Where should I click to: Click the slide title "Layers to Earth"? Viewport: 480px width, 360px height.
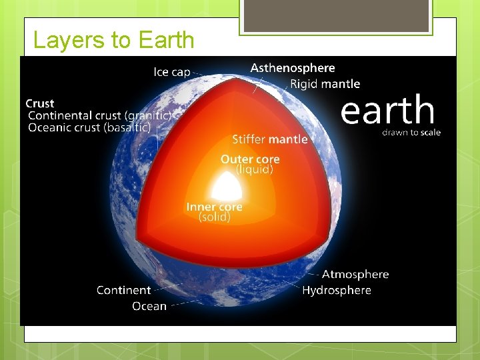113,41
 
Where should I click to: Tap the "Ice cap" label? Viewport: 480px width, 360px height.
171,72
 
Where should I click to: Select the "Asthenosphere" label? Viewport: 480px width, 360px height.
293,68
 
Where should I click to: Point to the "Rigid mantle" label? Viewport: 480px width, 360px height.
325,84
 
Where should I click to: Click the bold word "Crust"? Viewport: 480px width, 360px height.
40,103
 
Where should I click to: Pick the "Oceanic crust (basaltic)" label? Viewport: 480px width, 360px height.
89,127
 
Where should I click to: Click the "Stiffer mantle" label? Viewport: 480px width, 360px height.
269,139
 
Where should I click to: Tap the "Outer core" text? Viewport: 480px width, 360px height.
250,159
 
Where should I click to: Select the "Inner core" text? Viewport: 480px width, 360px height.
214,207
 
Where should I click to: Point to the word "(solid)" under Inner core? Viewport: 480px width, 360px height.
215,217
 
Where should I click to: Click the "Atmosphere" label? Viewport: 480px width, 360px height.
355,275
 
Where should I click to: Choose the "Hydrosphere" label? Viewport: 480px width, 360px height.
336,290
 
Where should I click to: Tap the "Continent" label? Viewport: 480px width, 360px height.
123,290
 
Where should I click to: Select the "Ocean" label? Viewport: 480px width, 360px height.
149,306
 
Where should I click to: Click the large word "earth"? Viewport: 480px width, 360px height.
387,110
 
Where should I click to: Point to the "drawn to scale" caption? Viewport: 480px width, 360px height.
411,132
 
